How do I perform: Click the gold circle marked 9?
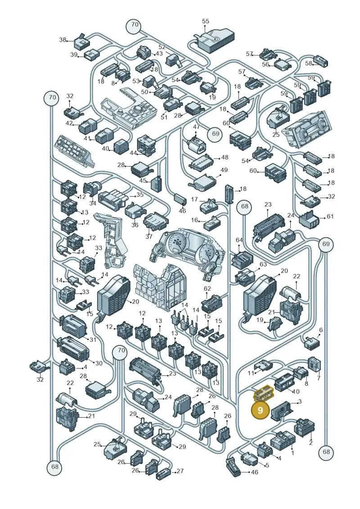click(x=261, y=410)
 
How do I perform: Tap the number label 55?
click(x=206, y=21)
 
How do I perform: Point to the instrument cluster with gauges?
click(x=187, y=252)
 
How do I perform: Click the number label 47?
click(x=197, y=127)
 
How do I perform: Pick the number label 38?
click(x=63, y=40)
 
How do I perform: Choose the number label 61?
click(x=330, y=216)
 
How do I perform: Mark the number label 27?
click(x=180, y=471)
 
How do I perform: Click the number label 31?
click(x=93, y=340)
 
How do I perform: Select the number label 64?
click(x=239, y=240)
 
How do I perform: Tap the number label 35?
click(x=139, y=195)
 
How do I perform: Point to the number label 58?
click(x=308, y=63)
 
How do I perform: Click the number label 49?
click(x=224, y=170)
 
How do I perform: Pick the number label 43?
click(x=159, y=54)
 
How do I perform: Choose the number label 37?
click(x=148, y=237)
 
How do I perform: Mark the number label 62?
click(x=207, y=288)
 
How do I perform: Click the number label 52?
click(x=162, y=47)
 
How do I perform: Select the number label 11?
click(x=251, y=373)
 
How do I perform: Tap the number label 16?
click(x=195, y=221)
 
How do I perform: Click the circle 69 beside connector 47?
click(x=216, y=133)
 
